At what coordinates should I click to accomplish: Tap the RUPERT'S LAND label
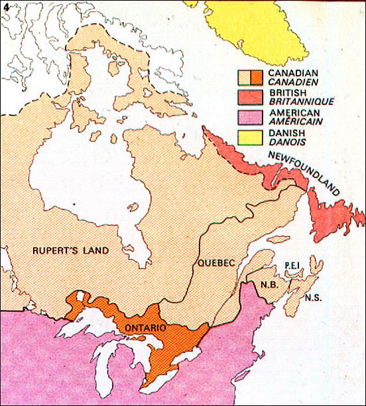pos(72,251)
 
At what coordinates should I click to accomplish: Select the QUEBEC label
pos(217,263)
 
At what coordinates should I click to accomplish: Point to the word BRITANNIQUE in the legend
pos(300,102)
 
